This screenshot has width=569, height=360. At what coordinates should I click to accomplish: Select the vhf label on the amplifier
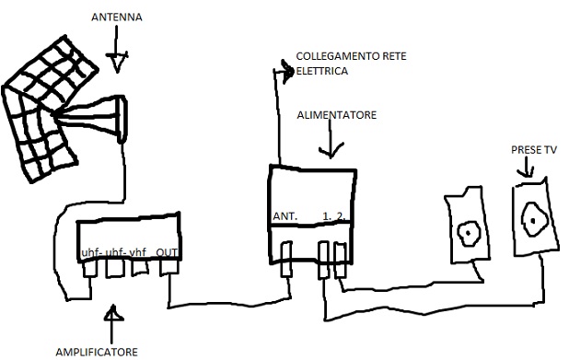coord(137,253)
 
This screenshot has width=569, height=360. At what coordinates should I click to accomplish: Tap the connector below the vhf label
coord(141,269)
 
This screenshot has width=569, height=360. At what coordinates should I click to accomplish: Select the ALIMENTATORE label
coord(336,115)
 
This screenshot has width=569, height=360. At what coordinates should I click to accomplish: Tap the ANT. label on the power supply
coord(283,217)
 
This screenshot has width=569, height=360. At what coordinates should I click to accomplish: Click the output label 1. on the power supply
coord(327,217)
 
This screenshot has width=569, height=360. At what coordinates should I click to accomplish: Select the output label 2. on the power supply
coord(342,217)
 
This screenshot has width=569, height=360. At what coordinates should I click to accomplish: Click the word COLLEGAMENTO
coord(331,56)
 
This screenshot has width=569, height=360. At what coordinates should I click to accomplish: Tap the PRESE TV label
coord(533,149)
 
